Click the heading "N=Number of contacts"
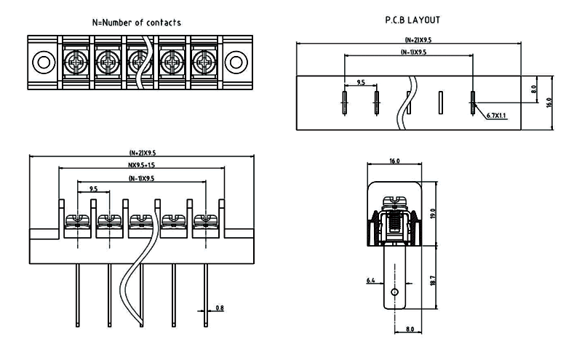pyautogui.click(x=137, y=23)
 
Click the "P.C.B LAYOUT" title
pyautogui.click(x=412, y=20)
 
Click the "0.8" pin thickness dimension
pyautogui.click(x=220, y=308)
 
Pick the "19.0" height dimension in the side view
pyautogui.click(x=433, y=214)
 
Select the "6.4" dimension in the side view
pyautogui.click(x=370, y=280)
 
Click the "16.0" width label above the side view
pyautogui.click(x=395, y=161)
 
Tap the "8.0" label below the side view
pyautogui.click(x=409, y=329)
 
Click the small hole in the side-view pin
pyautogui.click(x=394, y=292)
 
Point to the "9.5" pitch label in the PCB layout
pyautogui.click(x=360, y=83)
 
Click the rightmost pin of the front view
pyautogui.click(x=206, y=295)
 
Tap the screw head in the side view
pyautogui.click(x=395, y=199)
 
